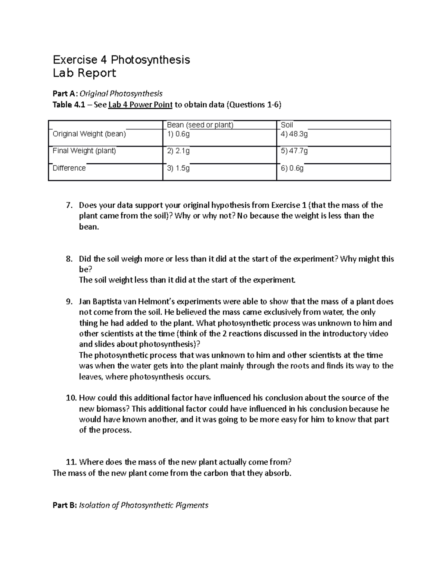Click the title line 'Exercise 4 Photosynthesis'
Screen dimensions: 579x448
[121, 60]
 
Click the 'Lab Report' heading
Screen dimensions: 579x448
[84, 73]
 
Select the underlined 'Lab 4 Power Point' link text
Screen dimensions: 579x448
[140, 105]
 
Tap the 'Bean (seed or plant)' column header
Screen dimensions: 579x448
[200, 125]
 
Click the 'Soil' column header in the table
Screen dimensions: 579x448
[287, 125]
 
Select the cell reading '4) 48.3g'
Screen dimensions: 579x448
[294, 134]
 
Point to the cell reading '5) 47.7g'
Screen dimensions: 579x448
[294, 151]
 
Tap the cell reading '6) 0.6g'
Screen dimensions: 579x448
[292, 169]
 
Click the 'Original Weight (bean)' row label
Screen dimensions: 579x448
[89, 134]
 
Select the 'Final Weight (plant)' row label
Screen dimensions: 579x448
[84, 151]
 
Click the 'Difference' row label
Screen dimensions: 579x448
[69, 168]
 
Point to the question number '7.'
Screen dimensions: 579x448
[68, 205]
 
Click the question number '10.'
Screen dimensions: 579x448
[71, 398]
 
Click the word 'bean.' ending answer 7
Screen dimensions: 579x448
[89, 227]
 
